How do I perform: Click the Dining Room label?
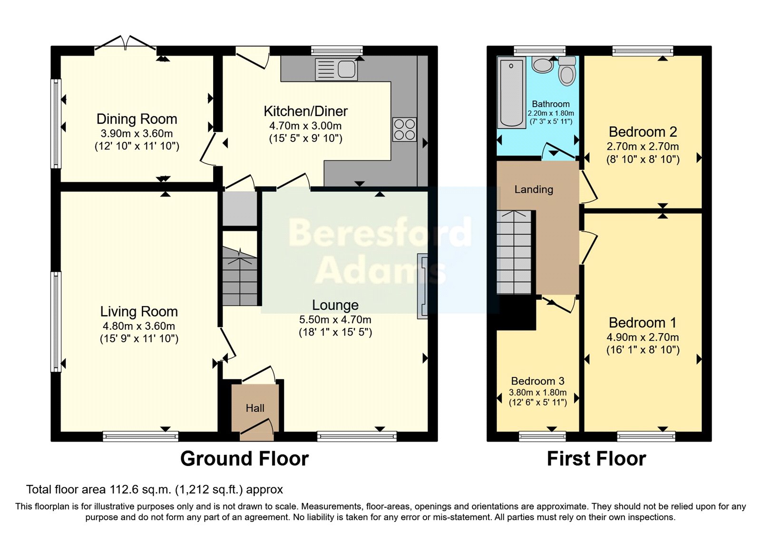tap(137, 119)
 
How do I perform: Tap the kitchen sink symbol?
tap(336, 69)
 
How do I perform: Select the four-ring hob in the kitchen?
tap(404, 129)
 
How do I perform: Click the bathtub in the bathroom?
tap(511, 92)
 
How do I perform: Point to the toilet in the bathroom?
tap(566, 71)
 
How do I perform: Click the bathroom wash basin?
tap(543, 65)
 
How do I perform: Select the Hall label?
tap(255, 408)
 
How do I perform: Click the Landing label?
tap(534, 189)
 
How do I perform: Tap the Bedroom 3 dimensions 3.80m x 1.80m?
tap(537, 393)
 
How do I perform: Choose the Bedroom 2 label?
tap(643, 132)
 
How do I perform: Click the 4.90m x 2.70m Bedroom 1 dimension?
tap(643, 337)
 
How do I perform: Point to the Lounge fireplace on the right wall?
tap(422, 286)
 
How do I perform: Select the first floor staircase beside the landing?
tap(514, 252)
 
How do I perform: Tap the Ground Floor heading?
tap(244, 459)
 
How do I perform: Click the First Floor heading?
tap(596, 459)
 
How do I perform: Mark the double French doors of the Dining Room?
tap(126, 44)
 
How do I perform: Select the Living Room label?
tap(139, 312)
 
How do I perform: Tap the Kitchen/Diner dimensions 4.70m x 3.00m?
tap(305, 126)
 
